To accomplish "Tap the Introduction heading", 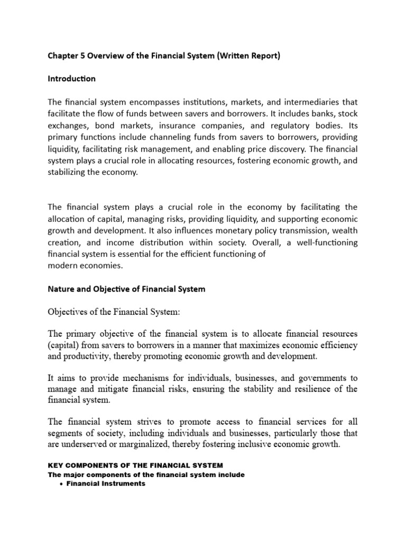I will coord(71,79).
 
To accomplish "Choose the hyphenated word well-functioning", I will coord(322,242).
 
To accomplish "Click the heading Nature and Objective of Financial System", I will coord(126,289).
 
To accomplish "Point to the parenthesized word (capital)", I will coord(64,346).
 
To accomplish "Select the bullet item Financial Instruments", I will coord(106,483).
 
